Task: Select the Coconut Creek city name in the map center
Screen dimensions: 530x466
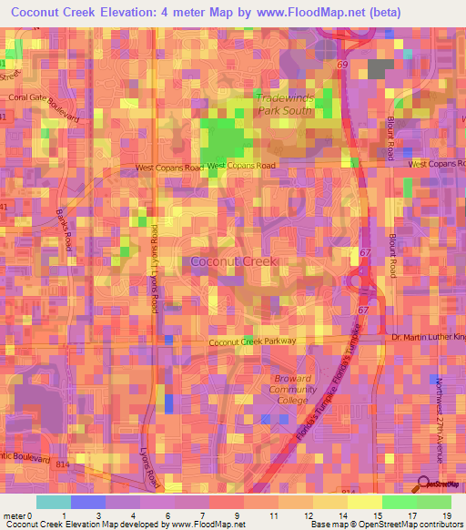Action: pos(234,261)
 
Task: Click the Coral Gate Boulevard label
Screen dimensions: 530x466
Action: pos(45,104)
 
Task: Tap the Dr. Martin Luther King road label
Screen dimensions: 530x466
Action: pos(428,338)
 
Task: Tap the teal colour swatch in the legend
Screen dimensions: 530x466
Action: pos(54,502)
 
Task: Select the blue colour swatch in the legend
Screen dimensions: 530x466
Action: pos(88,502)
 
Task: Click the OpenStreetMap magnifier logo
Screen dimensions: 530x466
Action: pos(423,484)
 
